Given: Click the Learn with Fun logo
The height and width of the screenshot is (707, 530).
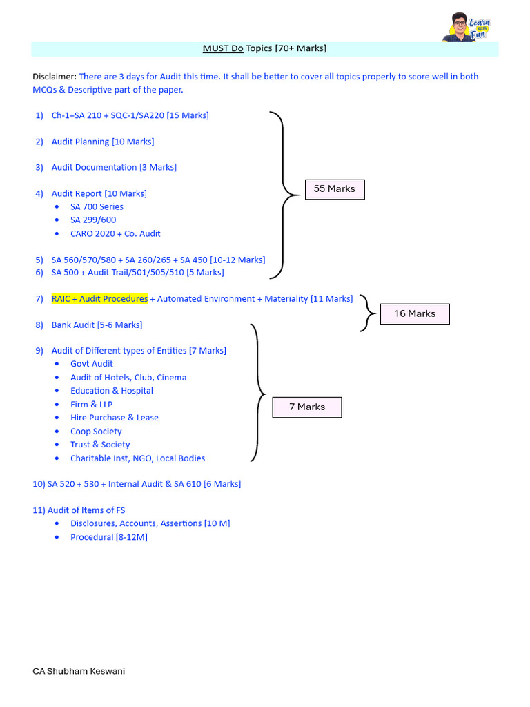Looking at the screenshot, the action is point(467,27).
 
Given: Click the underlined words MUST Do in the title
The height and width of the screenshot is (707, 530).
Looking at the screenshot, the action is point(223,48).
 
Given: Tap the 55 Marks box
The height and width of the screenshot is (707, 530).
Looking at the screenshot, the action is point(335,189).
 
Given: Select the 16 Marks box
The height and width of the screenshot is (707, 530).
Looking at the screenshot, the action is point(415,314).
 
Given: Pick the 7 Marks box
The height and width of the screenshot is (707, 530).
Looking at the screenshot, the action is point(307,407).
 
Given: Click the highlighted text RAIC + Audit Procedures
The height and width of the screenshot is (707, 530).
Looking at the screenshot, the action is point(99,298).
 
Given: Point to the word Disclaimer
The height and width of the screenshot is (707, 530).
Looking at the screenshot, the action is point(55,77).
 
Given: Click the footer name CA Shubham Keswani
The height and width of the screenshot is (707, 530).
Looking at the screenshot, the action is point(79,671).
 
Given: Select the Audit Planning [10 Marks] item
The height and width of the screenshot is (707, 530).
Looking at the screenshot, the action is point(103,142).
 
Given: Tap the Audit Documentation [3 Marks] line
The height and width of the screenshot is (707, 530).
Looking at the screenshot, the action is point(114,167).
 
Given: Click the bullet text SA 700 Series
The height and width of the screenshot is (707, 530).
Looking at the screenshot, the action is point(97,206).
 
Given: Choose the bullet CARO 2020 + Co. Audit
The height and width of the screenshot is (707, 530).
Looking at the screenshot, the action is point(115,233).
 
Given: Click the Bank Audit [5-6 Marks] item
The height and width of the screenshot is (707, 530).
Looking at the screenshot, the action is point(97,325).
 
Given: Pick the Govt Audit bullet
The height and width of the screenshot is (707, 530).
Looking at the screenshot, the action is point(92,363).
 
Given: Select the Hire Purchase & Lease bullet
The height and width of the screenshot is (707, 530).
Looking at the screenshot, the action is point(115,418).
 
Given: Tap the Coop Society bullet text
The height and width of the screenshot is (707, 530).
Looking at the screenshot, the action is point(96,432).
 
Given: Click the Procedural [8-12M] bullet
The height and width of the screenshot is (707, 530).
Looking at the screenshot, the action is point(109,537).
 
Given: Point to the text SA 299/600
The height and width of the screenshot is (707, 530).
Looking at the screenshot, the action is point(93,220).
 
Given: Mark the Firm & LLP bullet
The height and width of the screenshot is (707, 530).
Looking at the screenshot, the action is point(92,404).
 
